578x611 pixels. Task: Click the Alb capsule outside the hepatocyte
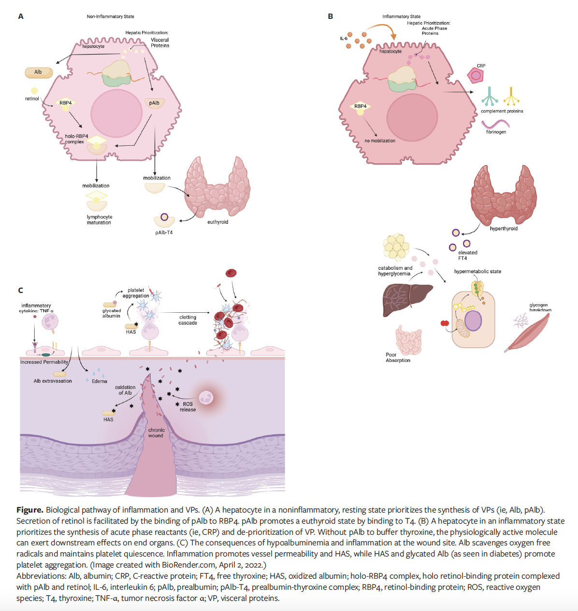click(x=39, y=72)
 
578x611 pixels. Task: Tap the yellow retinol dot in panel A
click(x=34, y=91)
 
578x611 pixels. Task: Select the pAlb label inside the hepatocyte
click(x=154, y=103)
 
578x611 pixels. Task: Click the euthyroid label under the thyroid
click(x=217, y=222)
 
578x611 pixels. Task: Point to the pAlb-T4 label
click(x=164, y=233)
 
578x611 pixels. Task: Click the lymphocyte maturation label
click(x=99, y=220)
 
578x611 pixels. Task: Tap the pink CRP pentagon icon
click(x=476, y=75)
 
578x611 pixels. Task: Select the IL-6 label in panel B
click(x=344, y=39)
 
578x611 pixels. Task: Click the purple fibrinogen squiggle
click(x=495, y=124)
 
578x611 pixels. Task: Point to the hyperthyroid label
click(x=504, y=229)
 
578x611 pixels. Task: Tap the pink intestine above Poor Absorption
click(x=408, y=339)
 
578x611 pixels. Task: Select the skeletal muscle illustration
click(x=528, y=333)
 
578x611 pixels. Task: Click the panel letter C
click(x=21, y=291)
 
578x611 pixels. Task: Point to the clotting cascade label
click(x=188, y=320)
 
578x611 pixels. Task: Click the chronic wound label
click(x=156, y=433)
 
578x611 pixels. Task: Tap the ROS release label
click(x=188, y=407)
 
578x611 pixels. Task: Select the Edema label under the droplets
click(x=100, y=381)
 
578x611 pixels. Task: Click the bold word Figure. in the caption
click(x=30, y=510)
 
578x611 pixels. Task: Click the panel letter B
click(x=331, y=16)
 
